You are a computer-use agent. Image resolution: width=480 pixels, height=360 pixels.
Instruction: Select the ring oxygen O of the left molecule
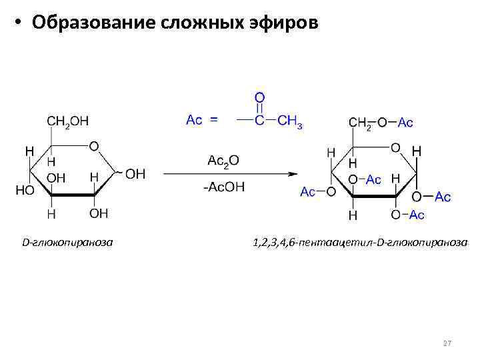coord(93,146)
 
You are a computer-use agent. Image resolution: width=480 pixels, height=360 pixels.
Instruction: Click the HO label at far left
coord(25,190)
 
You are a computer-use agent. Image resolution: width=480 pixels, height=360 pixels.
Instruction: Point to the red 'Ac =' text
coord(201,121)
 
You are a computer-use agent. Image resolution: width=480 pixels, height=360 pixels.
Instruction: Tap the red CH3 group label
coord(289,121)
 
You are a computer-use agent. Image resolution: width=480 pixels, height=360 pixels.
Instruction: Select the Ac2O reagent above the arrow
coord(223,161)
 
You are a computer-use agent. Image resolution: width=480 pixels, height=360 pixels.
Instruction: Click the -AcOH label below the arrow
coord(223,187)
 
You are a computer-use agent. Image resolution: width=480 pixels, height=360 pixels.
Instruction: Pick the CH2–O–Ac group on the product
coord(381,123)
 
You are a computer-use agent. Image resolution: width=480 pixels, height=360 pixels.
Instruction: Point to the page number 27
coord(447,343)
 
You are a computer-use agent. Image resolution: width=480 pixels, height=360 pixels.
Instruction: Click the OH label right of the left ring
coord(135,174)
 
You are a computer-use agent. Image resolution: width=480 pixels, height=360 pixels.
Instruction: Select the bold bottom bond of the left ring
coord(73,195)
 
